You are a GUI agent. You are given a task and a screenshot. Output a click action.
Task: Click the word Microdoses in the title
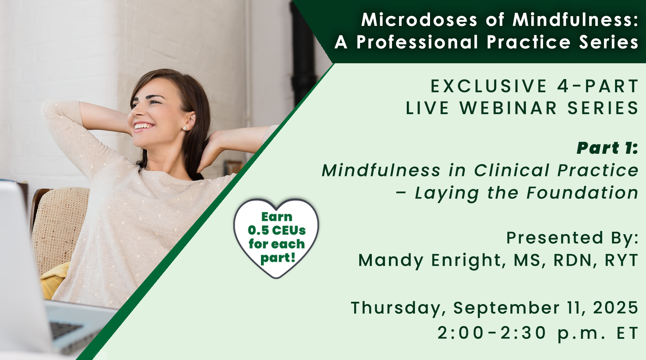tap(419, 20)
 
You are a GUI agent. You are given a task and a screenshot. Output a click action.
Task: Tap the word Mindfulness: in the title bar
tap(575, 20)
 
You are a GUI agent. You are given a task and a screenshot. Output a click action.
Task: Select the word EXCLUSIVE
tap(489, 86)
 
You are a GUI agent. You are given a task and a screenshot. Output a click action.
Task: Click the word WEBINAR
tap(508, 108)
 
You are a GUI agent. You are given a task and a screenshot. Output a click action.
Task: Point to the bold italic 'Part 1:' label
tap(607, 148)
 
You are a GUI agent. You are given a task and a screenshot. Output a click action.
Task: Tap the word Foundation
tap(582, 193)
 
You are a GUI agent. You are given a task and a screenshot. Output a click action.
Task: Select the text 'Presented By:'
tap(572, 238)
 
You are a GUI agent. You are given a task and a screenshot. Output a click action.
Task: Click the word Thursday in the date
tap(398, 308)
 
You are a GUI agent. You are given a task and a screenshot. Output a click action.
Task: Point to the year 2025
tap(615, 308)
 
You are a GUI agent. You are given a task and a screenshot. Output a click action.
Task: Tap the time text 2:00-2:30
tap(492, 333)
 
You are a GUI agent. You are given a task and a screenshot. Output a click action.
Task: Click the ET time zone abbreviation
tap(627, 333)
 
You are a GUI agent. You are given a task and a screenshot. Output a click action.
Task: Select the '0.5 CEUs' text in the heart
tap(277, 230)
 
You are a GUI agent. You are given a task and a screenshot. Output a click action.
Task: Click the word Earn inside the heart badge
tap(277, 217)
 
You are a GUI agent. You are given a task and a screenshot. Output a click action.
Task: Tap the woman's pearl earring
tap(185, 128)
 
